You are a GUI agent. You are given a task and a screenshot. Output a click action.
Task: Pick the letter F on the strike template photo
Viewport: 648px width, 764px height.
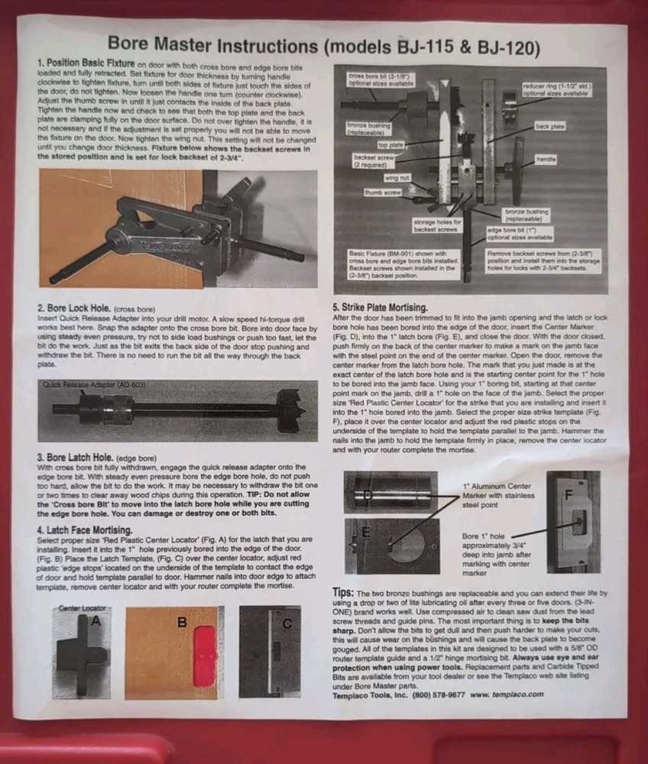pos(567,494)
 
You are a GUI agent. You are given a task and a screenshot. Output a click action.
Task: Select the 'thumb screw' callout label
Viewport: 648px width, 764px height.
pos(383,193)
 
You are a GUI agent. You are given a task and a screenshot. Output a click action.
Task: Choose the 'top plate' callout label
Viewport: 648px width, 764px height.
pos(391,143)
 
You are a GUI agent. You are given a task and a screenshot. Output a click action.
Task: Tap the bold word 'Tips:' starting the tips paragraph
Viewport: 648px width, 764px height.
pos(347,592)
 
